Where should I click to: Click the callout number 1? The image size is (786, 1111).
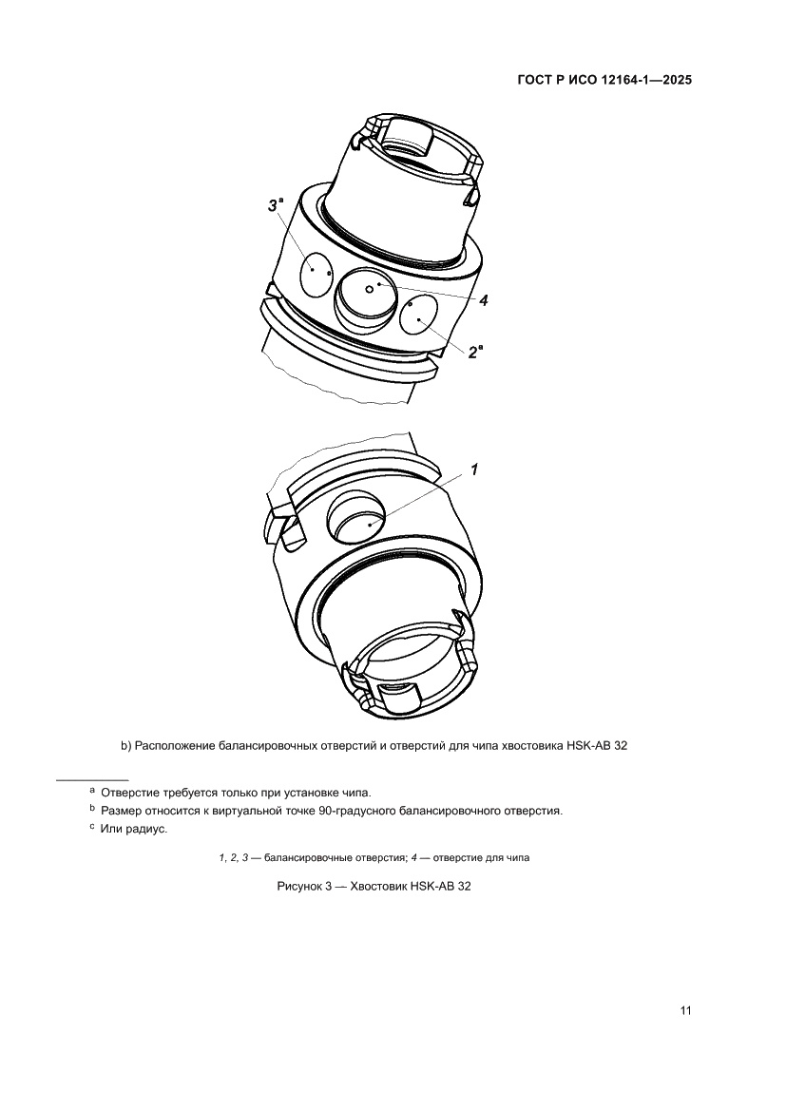(x=474, y=469)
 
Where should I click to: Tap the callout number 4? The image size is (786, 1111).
(x=483, y=301)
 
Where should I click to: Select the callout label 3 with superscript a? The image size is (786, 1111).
(x=274, y=204)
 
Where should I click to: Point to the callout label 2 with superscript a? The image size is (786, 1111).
(x=475, y=352)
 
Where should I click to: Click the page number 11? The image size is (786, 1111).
(x=684, y=1010)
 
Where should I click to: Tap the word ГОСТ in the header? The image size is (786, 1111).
(x=537, y=81)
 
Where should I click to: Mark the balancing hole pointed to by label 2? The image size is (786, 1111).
(x=418, y=315)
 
